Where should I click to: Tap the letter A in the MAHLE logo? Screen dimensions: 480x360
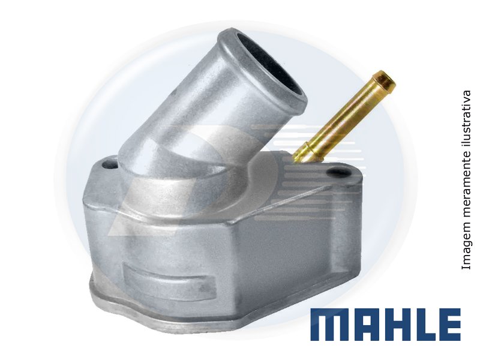[x=363, y=325]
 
